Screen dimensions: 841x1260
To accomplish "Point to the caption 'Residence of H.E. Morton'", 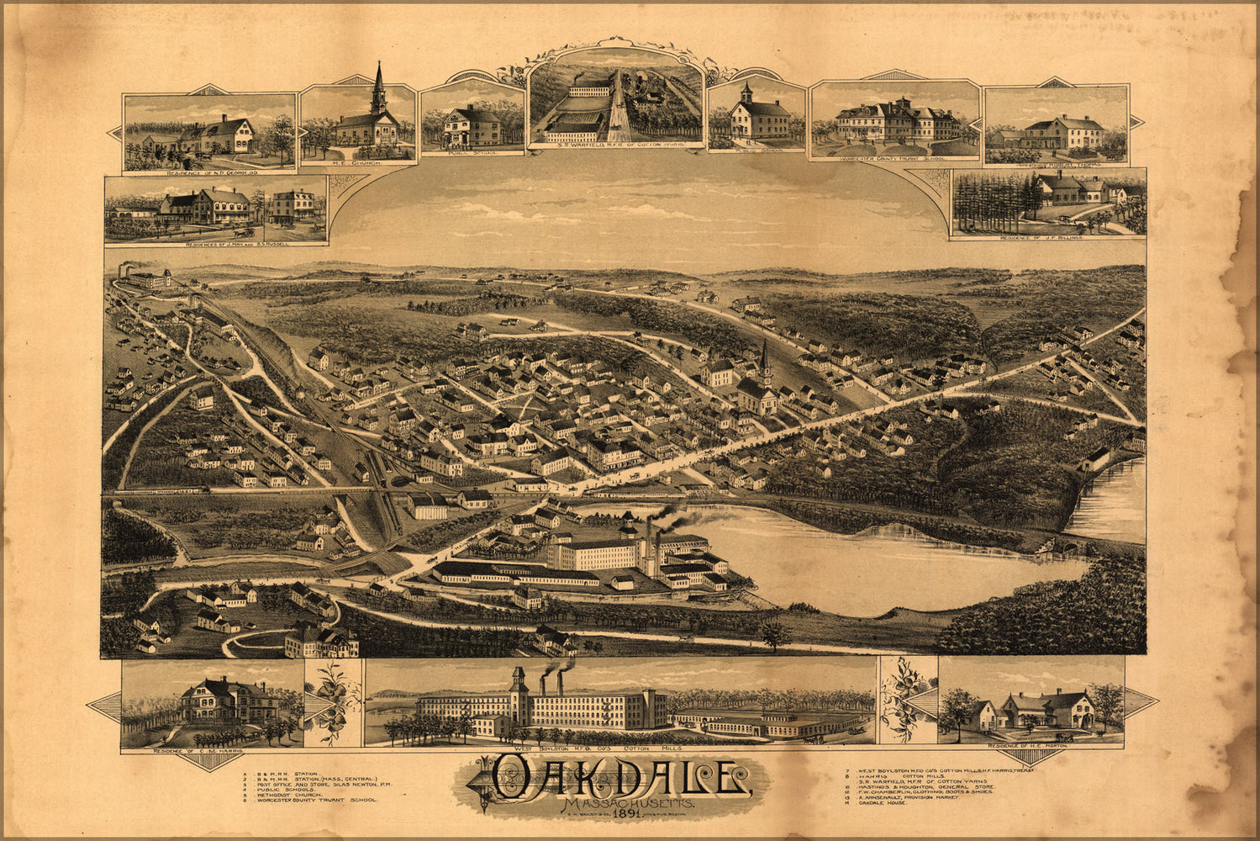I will click(x=1031, y=746).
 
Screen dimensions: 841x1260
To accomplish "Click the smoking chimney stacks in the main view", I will click(x=648, y=538).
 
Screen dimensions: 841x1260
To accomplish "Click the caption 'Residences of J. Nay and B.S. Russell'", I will click(x=214, y=244).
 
